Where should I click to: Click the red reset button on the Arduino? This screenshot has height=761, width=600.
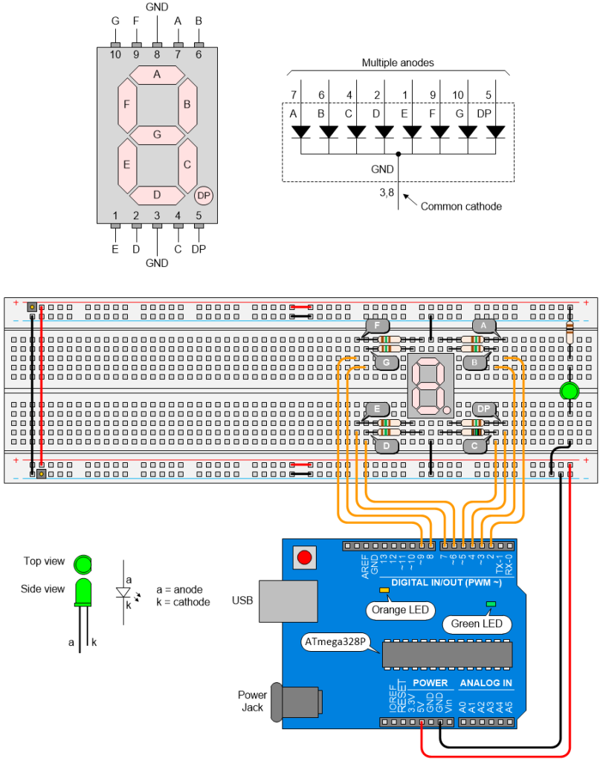(304, 557)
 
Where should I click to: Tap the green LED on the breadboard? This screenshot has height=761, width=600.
(569, 392)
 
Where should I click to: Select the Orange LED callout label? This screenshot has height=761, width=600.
(400, 611)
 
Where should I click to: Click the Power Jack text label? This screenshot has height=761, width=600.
(252, 701)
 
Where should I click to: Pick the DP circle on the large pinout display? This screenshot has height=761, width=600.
(203, 195)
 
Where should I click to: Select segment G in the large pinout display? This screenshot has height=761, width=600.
(157, 135)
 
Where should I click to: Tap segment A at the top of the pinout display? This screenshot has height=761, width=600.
(157, 74)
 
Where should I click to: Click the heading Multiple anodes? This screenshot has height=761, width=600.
(398, 63)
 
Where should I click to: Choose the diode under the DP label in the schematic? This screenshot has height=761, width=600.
(496, 132)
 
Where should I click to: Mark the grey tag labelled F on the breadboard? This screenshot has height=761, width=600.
(377, 326)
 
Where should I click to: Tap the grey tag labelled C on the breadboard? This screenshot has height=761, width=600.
(474, 446)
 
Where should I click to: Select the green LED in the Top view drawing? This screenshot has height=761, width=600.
(83, 563)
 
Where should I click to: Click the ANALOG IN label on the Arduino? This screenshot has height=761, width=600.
(486, 683)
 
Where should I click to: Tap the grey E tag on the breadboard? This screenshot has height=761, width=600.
(378, 409)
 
